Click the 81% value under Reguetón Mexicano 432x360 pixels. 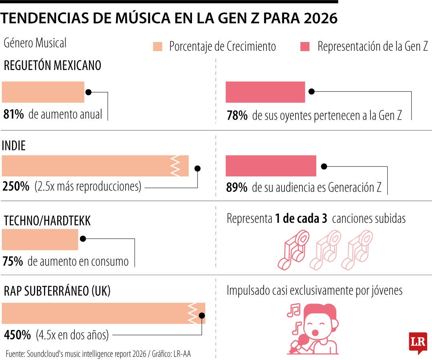(13, 114)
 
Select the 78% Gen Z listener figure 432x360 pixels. (236, 116)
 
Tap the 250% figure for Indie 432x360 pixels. (16, 186)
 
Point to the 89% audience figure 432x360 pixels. (236, 188)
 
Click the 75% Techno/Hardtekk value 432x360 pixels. (13, 262)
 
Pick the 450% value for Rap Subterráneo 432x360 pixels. (17, 335)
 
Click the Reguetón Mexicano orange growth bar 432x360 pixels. (43, 92)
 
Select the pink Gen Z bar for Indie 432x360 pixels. (270, 166)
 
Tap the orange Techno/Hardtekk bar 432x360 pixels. (40, 240)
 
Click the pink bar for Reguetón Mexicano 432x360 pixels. (265, 92)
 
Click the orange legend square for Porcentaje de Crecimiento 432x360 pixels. (158, 47)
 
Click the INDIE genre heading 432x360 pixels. (14, 146)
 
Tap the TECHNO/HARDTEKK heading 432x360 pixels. (47, 221)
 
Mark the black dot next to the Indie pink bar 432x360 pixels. (324, 166)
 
